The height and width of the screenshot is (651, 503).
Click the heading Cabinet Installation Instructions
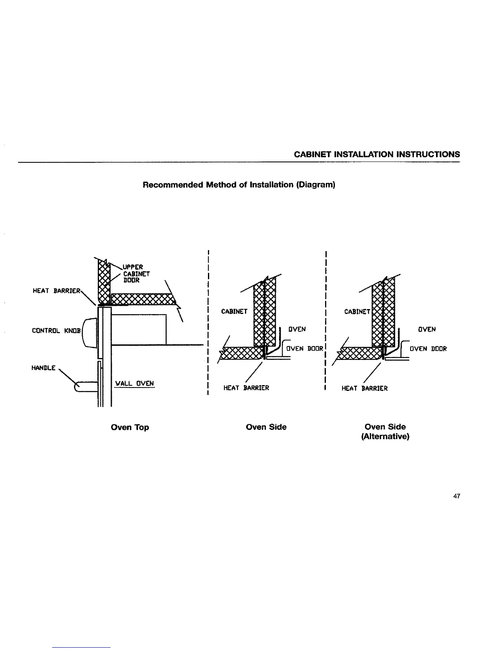point(377,155)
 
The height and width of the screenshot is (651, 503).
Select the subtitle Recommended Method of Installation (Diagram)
point(239,185)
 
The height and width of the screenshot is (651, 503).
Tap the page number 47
point(456,496)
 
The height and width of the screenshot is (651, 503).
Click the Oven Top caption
point(130,427)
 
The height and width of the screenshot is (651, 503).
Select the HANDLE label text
point(43,368)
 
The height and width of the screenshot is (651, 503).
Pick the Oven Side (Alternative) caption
point(385,432)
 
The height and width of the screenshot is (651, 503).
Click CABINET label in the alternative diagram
point(357,312)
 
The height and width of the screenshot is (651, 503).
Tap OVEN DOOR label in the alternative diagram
point(428,349)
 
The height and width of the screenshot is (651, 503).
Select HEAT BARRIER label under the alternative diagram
point(365,388)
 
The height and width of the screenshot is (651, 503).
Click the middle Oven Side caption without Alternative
point(266,427)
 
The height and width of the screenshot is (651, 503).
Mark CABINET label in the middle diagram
point(234,312)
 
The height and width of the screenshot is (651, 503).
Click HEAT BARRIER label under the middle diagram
point(246,388)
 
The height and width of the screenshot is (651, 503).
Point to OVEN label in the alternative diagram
point(427,329)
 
